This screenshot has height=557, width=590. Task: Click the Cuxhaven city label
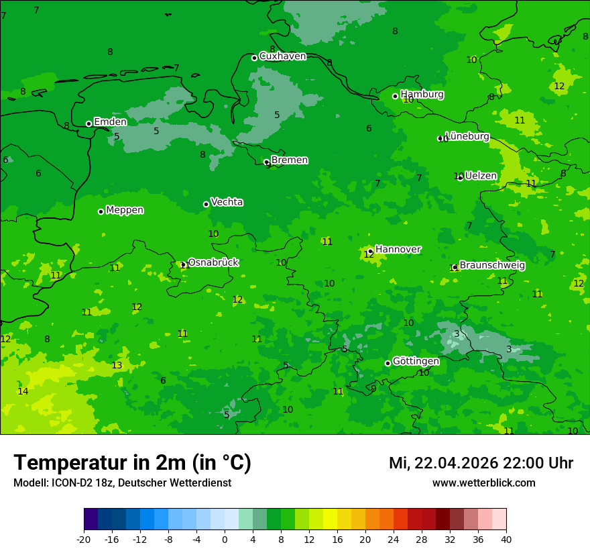pyautogui.click(x=282, y=56)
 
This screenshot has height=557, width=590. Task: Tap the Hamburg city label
pyautogui.click(x=422, y=95)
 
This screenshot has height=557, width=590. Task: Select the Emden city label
pyautogui.click(x=110, y=122)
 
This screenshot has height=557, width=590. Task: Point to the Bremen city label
pyautogui.click(x=290, y=160)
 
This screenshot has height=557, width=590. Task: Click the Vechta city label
pyautogui.click(x=227, y=202)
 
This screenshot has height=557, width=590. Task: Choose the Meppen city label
pyautogui.click(x=125, y=210)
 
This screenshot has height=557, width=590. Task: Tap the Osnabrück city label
pyautogui.click(x=213, y=262)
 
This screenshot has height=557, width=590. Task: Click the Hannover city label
pyautogui.click(x=398, y=250)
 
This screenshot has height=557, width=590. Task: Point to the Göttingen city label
pyautogui.click(x=416, y=361)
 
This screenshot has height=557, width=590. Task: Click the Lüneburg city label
pyautogui.click(x=467, y=136)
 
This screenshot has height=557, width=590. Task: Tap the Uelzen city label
pyautogui.click(x=481, y=176)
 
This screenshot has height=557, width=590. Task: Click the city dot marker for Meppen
pyautogui.click(x=101, y=211)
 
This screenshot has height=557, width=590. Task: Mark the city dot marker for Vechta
pyautogui.click(x=206, y=204)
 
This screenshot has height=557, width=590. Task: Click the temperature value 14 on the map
pyautogui.click(x=23, y=391)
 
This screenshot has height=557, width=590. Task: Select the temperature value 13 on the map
pyautogui.click(x=117, y=365)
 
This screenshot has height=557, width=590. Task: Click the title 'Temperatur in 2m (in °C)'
pyautogui.click(x=132, y=462)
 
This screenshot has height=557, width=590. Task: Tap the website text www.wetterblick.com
pyautogui.click(x=483, y=483)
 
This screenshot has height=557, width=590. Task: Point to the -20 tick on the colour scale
pyautogui.click(x=84, y=540)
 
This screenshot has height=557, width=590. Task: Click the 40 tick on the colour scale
pyautogui.click(x=506, y=540)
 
